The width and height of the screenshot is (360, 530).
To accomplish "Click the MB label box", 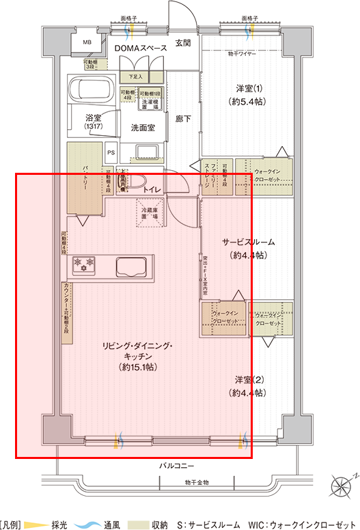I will pos(87,42).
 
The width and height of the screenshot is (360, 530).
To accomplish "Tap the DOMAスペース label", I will pos(140,48).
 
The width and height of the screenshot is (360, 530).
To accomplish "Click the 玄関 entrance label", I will pos(182,42).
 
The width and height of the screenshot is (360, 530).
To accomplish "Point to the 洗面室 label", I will pos(142,128).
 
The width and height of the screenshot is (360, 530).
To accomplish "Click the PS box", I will pos(111,152).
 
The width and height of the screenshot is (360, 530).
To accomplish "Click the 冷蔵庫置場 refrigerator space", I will pos(150,210).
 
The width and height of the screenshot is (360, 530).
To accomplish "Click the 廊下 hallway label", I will pos(182,119).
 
